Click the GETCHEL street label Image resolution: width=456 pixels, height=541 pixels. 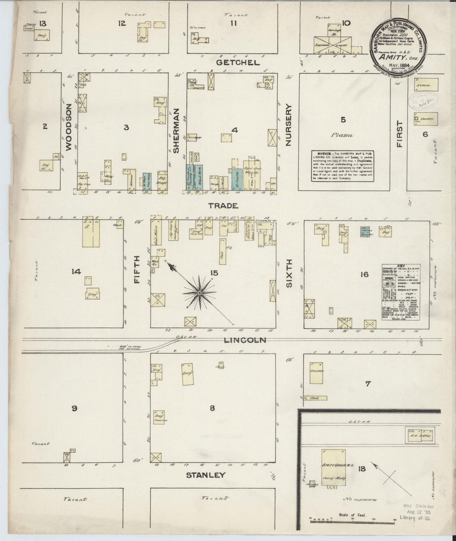(x=238, y=62)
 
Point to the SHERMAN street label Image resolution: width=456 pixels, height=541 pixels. (x=176, y=131)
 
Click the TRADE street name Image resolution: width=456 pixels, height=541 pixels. (x=223, y=206)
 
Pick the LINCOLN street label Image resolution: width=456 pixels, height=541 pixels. (x=245, y=340)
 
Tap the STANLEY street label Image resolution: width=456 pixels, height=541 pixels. (x=205, y=475)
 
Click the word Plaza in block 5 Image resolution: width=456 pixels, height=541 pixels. (x=342, y=135)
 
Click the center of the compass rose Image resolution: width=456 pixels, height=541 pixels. (x=199, y=293)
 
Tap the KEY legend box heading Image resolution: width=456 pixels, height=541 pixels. (x=400, y=266)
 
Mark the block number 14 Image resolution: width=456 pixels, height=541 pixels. (x=76, y=271)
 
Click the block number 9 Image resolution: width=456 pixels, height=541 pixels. (x=74, y=408)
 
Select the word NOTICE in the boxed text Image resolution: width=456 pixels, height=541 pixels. (x=319, y=153)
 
